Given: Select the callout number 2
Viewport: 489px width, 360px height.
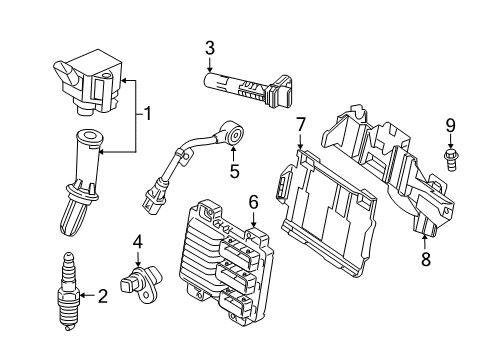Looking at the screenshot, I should tap(102, 295).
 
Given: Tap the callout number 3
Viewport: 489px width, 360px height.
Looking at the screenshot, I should tap(210, 47).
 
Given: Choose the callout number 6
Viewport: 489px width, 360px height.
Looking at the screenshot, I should tap(253, 203).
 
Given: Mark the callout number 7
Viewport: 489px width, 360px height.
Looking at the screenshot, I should tap(299, 124).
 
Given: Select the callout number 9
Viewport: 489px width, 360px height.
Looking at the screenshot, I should tap(450, 125).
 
